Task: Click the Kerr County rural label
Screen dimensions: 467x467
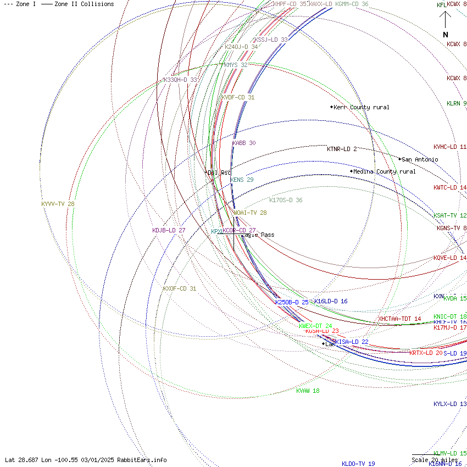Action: [361, 107]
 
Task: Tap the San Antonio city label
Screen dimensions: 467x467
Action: [420, 159]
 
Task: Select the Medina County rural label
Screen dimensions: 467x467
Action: [384, 171]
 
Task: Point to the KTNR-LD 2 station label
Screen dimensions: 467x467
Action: [342, 149]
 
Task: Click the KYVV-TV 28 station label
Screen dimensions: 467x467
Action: [58, 204]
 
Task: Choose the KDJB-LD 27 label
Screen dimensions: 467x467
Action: [169, 230]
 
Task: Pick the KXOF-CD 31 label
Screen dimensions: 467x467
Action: [179, 288]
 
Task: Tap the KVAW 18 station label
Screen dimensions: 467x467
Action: [308, 391]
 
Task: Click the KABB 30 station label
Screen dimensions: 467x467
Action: [244, 143]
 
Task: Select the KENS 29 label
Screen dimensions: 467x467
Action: [242, 180]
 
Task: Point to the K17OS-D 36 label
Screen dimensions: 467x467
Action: [286, 200]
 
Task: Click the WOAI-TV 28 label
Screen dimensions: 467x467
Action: [250, 213]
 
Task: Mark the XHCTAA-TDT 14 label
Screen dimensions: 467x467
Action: [399, 319]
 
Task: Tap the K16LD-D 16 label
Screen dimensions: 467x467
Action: [331, 301]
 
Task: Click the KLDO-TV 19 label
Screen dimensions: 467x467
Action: [358, 464]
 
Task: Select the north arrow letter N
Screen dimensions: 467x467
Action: [446, 35]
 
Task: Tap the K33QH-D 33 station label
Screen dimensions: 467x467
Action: [180, 80]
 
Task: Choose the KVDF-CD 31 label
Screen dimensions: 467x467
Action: [238, 97]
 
